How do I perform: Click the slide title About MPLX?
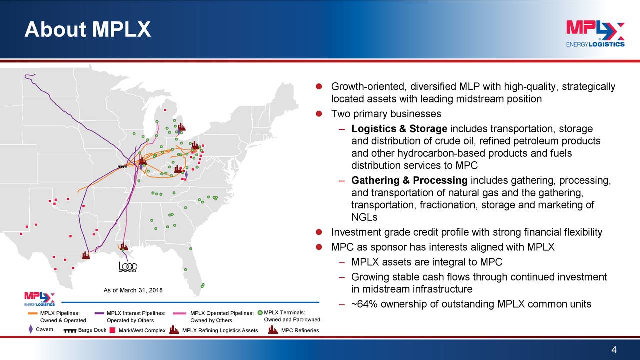[x=88, y=30]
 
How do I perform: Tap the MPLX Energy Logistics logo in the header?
[x=595, y=34]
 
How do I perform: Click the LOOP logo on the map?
[x=128, y=267]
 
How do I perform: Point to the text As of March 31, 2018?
[x=133, y=291]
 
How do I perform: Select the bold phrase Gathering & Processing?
[x=409, y=180]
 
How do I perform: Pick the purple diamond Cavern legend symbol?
[x=31, y=330]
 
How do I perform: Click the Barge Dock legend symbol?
[x=70, y=330]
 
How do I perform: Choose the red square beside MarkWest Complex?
[x=113, y=330]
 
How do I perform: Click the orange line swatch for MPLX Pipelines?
[x=32, y=313]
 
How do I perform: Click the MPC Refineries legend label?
[x=300, y=330]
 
